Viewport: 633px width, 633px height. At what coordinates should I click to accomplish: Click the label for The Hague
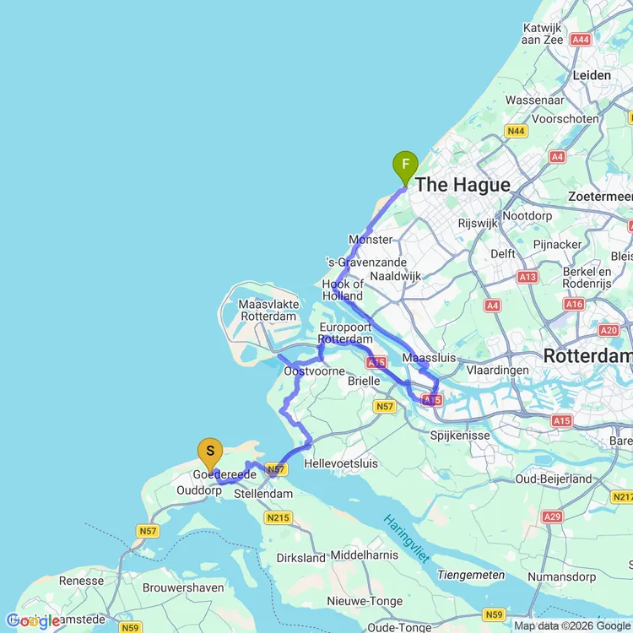463,185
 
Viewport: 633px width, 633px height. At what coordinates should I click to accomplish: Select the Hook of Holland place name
343,289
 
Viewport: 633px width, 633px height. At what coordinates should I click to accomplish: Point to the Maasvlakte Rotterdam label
268,310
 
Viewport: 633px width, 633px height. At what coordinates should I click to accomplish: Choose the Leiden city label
592,75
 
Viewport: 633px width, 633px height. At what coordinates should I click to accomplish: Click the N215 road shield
276,517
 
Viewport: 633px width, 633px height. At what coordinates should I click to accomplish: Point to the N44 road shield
516,131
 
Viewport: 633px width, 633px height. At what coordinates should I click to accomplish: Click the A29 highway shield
553,517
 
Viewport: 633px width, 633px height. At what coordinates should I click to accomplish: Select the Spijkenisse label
460,436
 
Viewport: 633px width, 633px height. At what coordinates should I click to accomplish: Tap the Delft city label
502,253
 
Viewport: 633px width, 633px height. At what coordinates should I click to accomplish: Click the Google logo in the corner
32,621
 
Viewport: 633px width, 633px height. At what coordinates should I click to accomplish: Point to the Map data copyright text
572,625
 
